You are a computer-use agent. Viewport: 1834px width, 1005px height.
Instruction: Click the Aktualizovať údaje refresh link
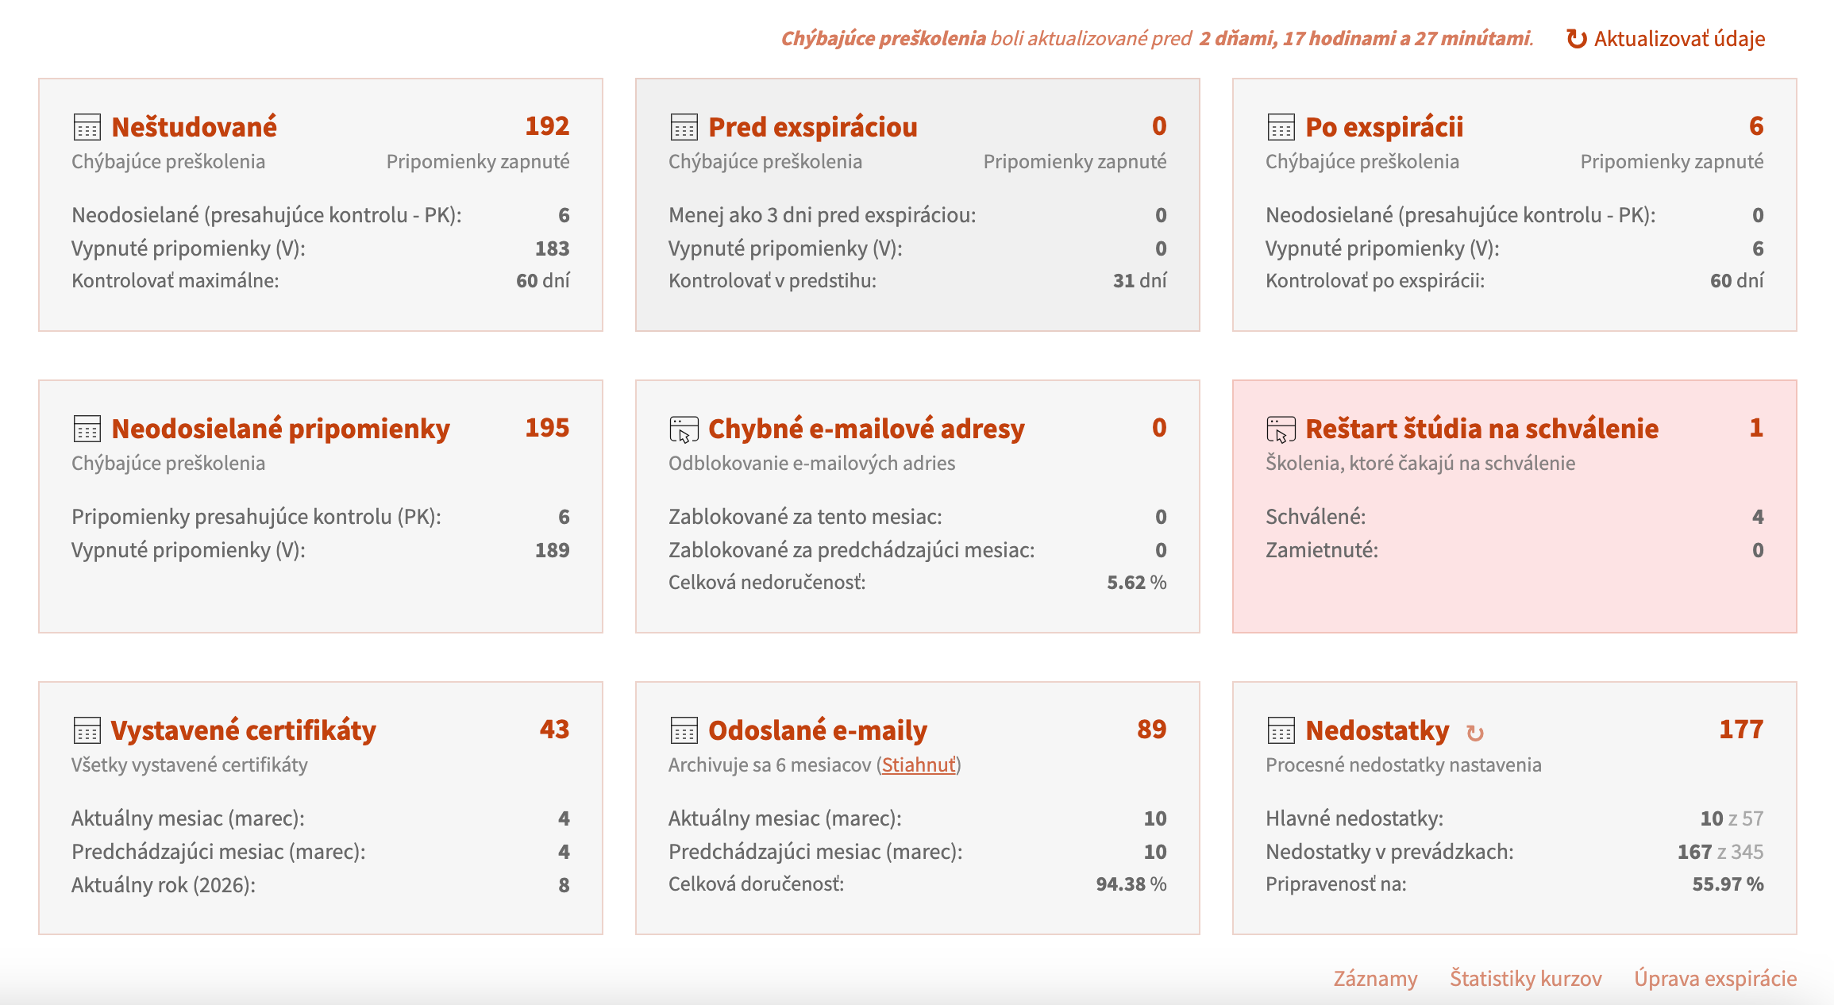coord(1666,39)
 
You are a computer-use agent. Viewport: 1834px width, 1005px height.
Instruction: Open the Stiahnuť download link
coord(919,764)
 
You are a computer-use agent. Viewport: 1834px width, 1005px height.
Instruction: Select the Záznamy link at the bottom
coord(1375,978)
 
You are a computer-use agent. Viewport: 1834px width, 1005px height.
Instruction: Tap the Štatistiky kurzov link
coord(1525,978)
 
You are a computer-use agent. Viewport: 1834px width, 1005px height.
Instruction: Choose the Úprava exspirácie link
coord(1715,978)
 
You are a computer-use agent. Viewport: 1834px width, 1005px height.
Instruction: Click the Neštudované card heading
coord(195,127)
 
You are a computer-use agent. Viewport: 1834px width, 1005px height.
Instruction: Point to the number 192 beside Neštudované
coord(547,126)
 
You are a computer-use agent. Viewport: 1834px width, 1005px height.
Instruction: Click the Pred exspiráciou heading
coord(813,127)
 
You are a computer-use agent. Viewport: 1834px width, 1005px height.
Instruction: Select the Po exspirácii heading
coord(1385,127)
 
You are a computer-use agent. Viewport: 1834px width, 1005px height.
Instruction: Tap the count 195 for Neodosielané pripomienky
coord(547,428)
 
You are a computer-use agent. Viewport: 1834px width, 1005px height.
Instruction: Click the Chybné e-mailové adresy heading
coord(866,429)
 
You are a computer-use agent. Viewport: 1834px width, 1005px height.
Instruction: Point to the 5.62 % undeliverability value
coord(1137,583)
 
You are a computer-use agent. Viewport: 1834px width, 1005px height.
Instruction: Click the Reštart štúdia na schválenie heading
coord(1482,429)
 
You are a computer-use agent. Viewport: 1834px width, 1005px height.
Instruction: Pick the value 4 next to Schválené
coord(1758,517)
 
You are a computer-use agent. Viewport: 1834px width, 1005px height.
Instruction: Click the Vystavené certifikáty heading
coord(243,730)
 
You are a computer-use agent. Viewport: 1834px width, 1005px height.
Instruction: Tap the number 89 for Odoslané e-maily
coord(1152,730)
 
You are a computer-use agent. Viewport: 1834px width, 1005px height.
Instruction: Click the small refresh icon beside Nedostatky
coord(1475,733)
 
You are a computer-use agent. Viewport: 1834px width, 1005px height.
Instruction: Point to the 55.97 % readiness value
coord(1728,884)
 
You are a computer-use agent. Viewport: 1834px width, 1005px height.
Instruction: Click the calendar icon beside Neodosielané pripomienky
coord(87,429)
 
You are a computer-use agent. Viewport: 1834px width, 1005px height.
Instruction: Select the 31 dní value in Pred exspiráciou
coord(1140,281)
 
